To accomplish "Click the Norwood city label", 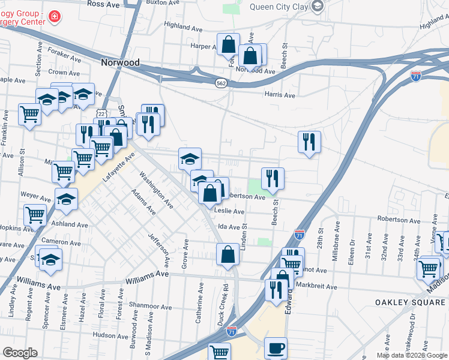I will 120,62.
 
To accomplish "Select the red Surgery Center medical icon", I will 55,16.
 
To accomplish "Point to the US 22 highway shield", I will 101,112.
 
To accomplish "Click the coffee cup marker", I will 276,348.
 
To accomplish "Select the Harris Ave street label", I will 280,95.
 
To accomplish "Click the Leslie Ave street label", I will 231,211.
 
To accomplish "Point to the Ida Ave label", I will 229,227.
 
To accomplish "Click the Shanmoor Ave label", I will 136,306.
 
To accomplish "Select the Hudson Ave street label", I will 111,335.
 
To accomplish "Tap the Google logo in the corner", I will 20,353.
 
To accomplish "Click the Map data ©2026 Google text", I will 411,355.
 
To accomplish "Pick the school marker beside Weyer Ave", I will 66,199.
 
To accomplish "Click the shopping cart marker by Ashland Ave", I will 35,214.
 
